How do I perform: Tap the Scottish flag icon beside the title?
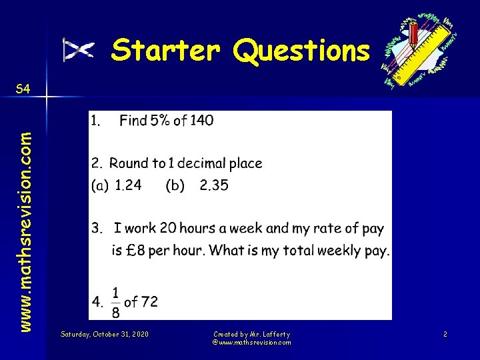pos(78,49)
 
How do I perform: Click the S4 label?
pos(23,89)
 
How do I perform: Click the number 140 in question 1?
pos(201,121)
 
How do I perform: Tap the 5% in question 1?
pos(159,121)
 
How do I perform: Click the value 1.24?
pos(128,185)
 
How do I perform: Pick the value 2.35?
pos(213,185)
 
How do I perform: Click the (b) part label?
pos(175,186)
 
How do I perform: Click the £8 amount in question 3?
pos(135,251)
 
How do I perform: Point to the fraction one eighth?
pos(115,301)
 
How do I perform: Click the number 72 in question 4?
pos(149,302)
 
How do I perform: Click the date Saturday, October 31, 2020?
pos(104,333)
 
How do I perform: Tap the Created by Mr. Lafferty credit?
pos(251,333)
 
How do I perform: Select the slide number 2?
pos(445,333)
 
